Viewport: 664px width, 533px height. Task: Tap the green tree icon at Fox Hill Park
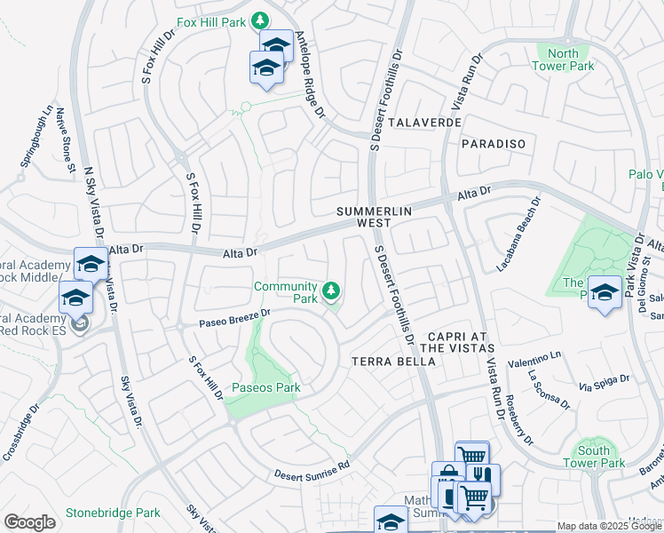pyautogui.click(x=259, y=20)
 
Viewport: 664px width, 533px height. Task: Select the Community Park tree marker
pyautogui.click(x=331, y=290)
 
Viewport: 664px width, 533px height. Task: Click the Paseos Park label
pyautogui.click(x=265, y=388)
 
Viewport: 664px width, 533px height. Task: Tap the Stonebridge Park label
pyautogui.click(x=113, y=513)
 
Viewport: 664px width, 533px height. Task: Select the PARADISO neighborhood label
pyautogui.click(x=494, y=143)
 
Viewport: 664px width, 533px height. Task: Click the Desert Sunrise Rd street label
pyautogui.click(x=312, y=469)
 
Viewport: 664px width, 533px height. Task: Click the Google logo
pyautogui.click(x=29, y=522)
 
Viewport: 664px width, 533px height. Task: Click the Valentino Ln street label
pyautogui.click(x=535, y=359)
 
